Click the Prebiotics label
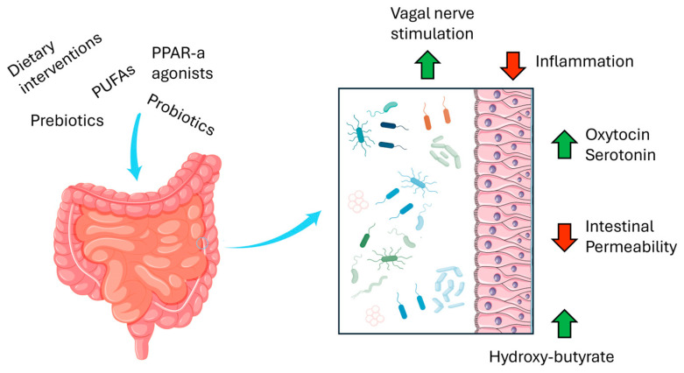click(x=67, y=119)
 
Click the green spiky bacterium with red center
click(x=391, y=258)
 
